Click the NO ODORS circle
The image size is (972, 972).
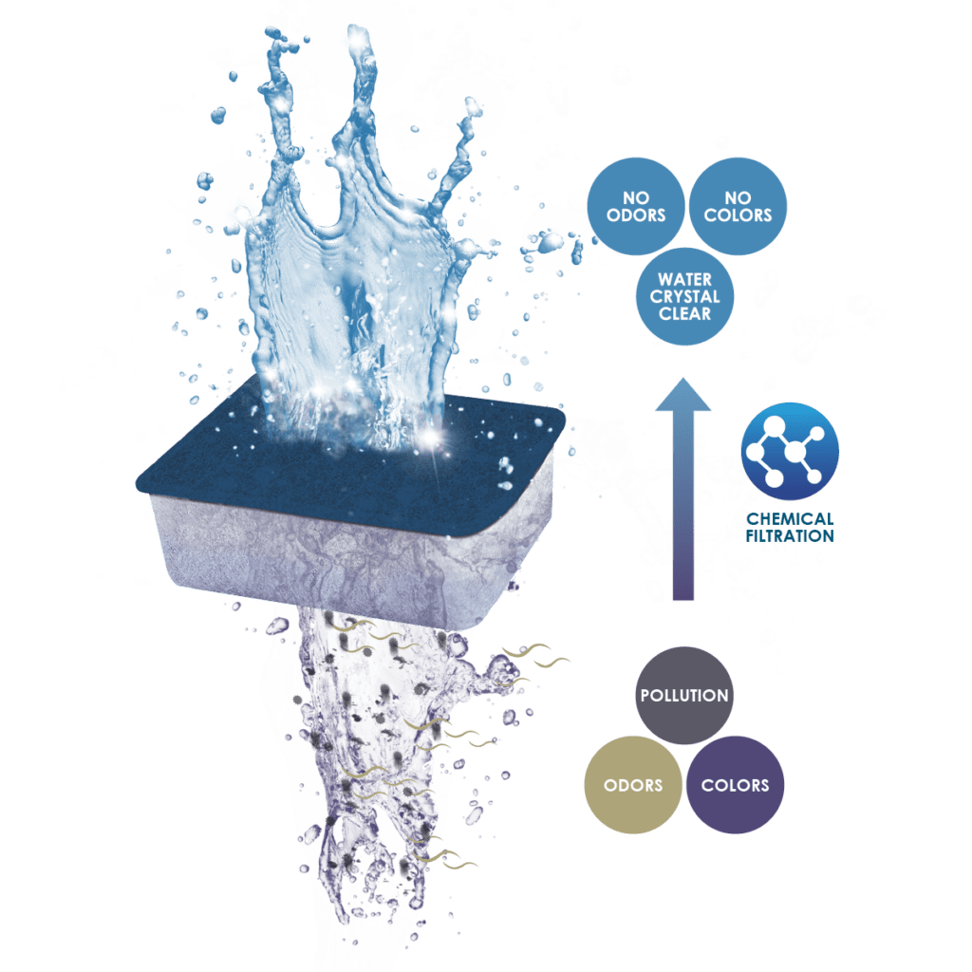tap(636, 206)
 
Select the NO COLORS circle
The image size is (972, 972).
tap(738, 206)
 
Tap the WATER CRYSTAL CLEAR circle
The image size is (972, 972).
tap(685, 296)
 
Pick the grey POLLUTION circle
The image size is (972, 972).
tap(684, 696)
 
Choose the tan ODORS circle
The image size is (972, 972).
tap(633, 785)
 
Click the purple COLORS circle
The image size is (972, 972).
tap(736, 785)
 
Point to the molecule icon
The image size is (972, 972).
tap(790, 451)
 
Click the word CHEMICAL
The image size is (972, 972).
tap(790, 519)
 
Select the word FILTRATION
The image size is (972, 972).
tap(790, 536)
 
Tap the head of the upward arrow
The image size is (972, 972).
tap(683, 397)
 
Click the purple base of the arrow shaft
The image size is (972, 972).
tap(683, 583)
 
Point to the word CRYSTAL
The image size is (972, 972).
tap(685, 297)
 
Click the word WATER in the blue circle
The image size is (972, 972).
tap(685, 280)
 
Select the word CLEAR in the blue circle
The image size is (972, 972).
tap(685, 313)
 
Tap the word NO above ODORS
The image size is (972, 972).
tap(636, 197)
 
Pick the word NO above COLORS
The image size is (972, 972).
tap(738, 197)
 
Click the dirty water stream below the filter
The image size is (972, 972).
tap(372, 757)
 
